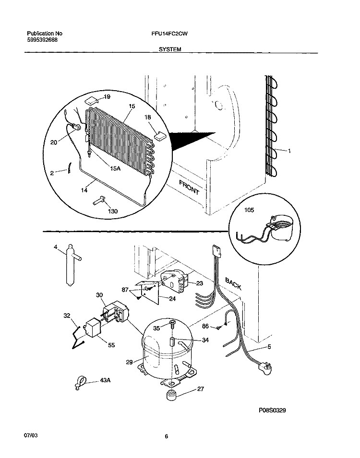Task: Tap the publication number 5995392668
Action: (x=42, y=40)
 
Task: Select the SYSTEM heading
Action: (x=170, y=50)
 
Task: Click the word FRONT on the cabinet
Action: (x=189, y=188)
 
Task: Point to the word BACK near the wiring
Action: (x=233, y=284)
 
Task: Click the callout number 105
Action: (x=249, y=210)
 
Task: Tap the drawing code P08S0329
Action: (x=272, y=411)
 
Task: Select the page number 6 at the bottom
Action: (x=167, y=437)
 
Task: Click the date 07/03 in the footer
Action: (x=30, y=435)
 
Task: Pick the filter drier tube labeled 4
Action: (x=71, y=265)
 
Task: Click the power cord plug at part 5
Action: (x=266, y=367)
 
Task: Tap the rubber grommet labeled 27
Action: (x=172, y=395)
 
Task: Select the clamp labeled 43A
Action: (x=80, y=383)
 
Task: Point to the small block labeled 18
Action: (x=160, y=135)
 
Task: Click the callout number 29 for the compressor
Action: (x=129, y=362)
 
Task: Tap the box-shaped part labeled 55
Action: (x=93, y=327)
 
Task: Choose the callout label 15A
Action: (x=115, y=168)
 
